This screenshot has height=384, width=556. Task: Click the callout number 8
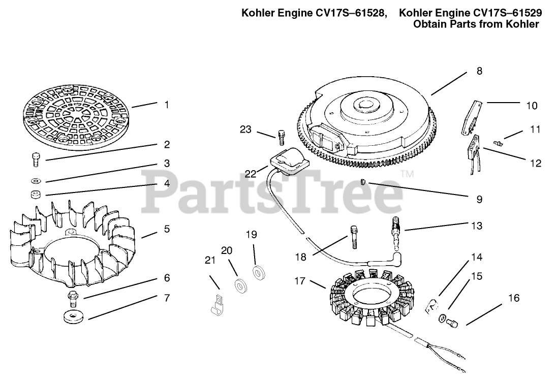tap(479, 71)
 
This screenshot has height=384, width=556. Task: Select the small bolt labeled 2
tap(36, 158)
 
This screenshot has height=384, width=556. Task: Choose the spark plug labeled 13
tap(395, 232)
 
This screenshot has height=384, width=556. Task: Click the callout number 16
tap(514, 298)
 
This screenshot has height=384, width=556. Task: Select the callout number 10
tap(531, 106)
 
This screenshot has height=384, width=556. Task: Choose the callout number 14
tap(476, 257)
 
